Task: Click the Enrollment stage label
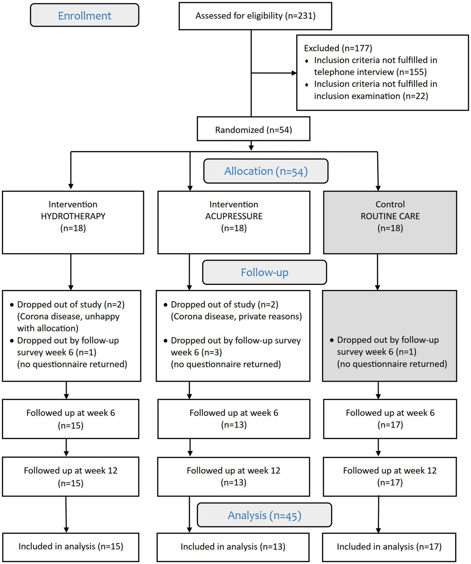tap(84, 16)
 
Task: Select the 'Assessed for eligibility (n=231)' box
tap(255, 16)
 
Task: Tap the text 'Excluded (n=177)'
tap(338, 48)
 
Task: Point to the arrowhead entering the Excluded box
tap(294, 73)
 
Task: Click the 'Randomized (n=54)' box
tap(253, 130)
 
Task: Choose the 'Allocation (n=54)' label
tap(265, 171)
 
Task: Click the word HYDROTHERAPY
tap(73, 216)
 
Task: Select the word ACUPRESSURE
tap(234, 216)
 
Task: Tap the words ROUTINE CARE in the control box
tap(390, 216)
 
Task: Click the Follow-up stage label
tap(264, 272)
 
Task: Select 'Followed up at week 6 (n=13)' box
tap(234, 419)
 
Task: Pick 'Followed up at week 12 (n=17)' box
tap(389, 476)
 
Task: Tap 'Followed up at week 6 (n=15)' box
tap(70, 419)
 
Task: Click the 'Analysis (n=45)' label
tap(264, 515)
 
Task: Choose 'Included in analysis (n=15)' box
tap(70, 547)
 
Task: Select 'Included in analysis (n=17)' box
tap(389, 547)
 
